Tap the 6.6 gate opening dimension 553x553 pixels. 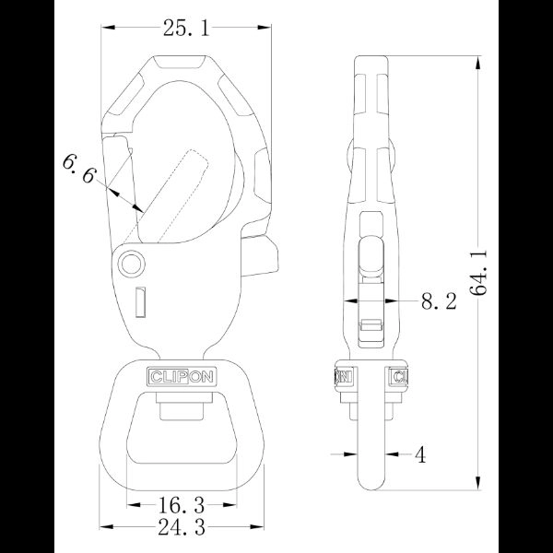79,169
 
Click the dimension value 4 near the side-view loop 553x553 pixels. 419,453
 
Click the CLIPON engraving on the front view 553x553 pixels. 181,376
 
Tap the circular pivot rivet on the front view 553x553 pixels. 131,265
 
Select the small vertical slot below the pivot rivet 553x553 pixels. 139,301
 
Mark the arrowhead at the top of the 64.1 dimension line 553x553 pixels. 478,63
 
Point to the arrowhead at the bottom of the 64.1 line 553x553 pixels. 478,486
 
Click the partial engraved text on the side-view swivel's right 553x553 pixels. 400,376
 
